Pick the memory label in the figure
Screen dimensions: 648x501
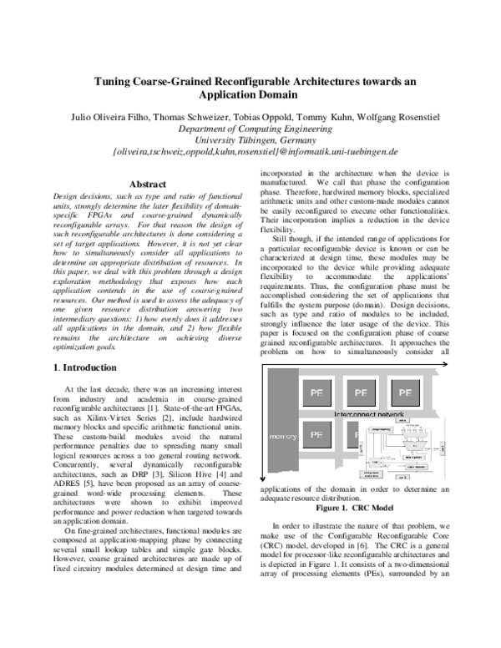(282, 436)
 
